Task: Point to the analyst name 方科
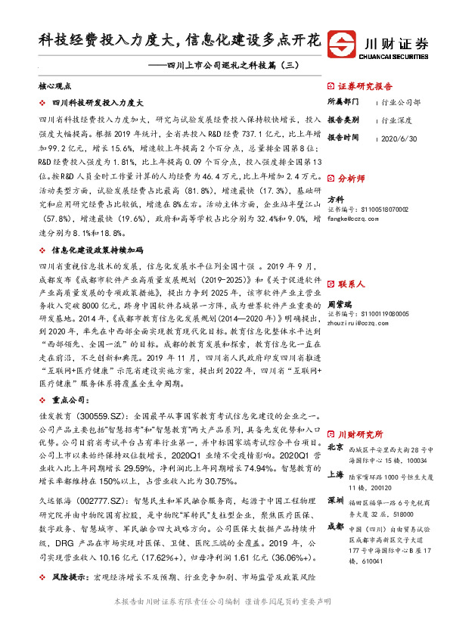(x=335, y=198)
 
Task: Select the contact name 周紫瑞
(x=340, y=302)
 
